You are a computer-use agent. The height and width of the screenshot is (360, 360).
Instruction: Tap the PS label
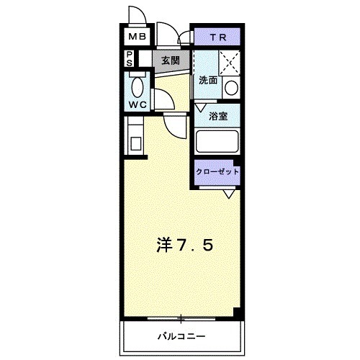tap(129, 58)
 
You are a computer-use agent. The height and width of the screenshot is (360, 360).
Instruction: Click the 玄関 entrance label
tap(171, 60)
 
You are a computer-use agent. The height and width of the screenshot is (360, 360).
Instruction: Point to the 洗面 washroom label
tap(208, 81)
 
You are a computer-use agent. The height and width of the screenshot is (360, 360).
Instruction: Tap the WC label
tap(138, 104)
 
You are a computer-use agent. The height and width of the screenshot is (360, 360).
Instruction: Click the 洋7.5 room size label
tap(184, 246)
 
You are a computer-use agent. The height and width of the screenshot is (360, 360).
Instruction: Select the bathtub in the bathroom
tap(217, 141)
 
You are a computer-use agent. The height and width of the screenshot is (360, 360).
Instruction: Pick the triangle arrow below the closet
tap(228, 193)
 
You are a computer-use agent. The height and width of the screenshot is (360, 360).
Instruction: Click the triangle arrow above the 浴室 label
tap(201, 107)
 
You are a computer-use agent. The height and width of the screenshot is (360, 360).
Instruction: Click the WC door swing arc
tap(162, 96)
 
